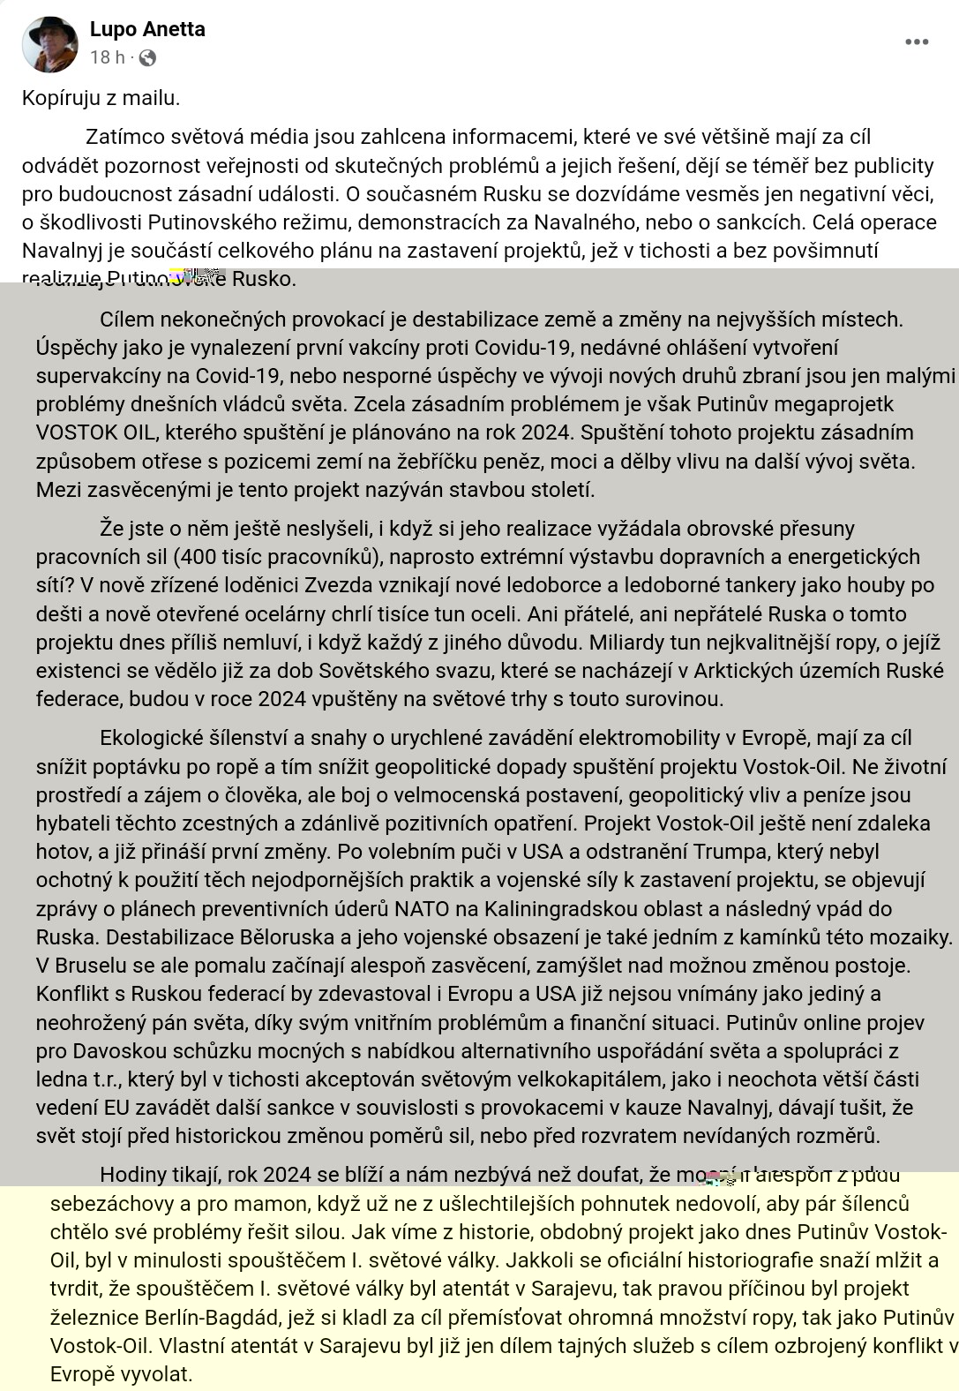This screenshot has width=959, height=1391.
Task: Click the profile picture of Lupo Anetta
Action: [x=50, y=44]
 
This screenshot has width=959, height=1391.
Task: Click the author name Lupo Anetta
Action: [x=147, y=29]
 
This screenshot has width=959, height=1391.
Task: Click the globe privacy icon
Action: [x=147, y=58]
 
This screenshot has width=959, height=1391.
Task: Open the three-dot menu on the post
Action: [x=917, y=42]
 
